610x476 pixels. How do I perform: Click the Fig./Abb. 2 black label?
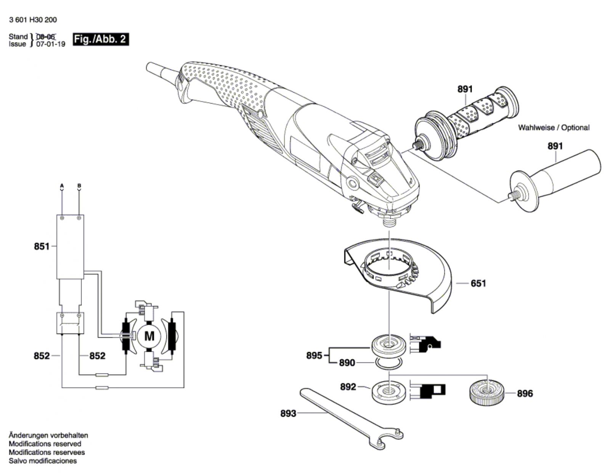coord(101,39)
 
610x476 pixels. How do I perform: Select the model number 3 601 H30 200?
coord(33,20)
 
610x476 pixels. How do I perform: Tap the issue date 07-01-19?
coord(51,44)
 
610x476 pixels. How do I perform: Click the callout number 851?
coord(42,246)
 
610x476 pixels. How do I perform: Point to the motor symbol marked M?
coord(149,336)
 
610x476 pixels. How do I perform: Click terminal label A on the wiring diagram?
coord(62,186)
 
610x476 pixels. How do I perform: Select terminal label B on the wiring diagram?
coord(79,186)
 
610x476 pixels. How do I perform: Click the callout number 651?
coord(478,283)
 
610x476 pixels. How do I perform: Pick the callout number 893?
coord(288,413)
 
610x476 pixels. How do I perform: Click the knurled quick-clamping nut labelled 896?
coord(486,393)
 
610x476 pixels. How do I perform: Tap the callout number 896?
coord(525,394)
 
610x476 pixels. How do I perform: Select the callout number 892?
coord(348,387)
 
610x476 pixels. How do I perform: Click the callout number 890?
coord(347,363)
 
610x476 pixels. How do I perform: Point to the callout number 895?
coord(314,356)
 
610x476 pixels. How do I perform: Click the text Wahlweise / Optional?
coord(554,128)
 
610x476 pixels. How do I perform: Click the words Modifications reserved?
coord(45,444)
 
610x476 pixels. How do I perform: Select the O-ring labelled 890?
coord(389,363)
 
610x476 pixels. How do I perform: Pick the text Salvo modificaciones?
coord(43,461)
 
